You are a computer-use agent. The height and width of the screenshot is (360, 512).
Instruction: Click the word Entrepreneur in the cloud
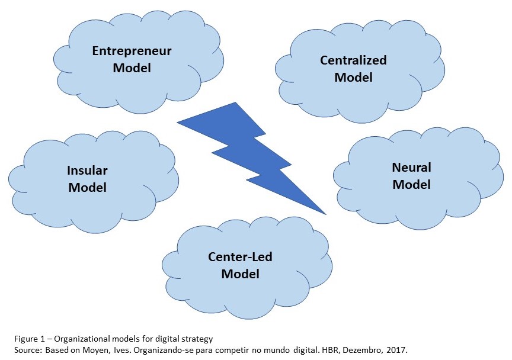(x=132, y=51)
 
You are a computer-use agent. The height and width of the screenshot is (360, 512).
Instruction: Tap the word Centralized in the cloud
(x=353, y=60)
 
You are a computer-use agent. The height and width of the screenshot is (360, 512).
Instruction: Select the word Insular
(x=87, y=171)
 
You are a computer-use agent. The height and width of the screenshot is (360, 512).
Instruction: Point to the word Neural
(x=411, y=167)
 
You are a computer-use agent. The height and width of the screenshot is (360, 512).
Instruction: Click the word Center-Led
(x=240, y=257)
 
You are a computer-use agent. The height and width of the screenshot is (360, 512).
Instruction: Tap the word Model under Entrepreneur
(x=132, y=68)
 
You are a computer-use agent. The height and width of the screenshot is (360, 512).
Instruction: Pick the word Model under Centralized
(x=353, y=78)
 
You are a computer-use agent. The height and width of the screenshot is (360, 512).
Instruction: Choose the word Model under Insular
(x=87, y=188)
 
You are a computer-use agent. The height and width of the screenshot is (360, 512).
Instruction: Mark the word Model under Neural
(x=411, y=184)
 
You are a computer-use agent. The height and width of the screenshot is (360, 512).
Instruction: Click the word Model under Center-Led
(x=240, y=274)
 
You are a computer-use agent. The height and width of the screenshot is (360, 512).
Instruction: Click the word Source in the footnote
(x=27, y=349)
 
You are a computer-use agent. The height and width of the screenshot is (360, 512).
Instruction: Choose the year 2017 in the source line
(x=398, y=349)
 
